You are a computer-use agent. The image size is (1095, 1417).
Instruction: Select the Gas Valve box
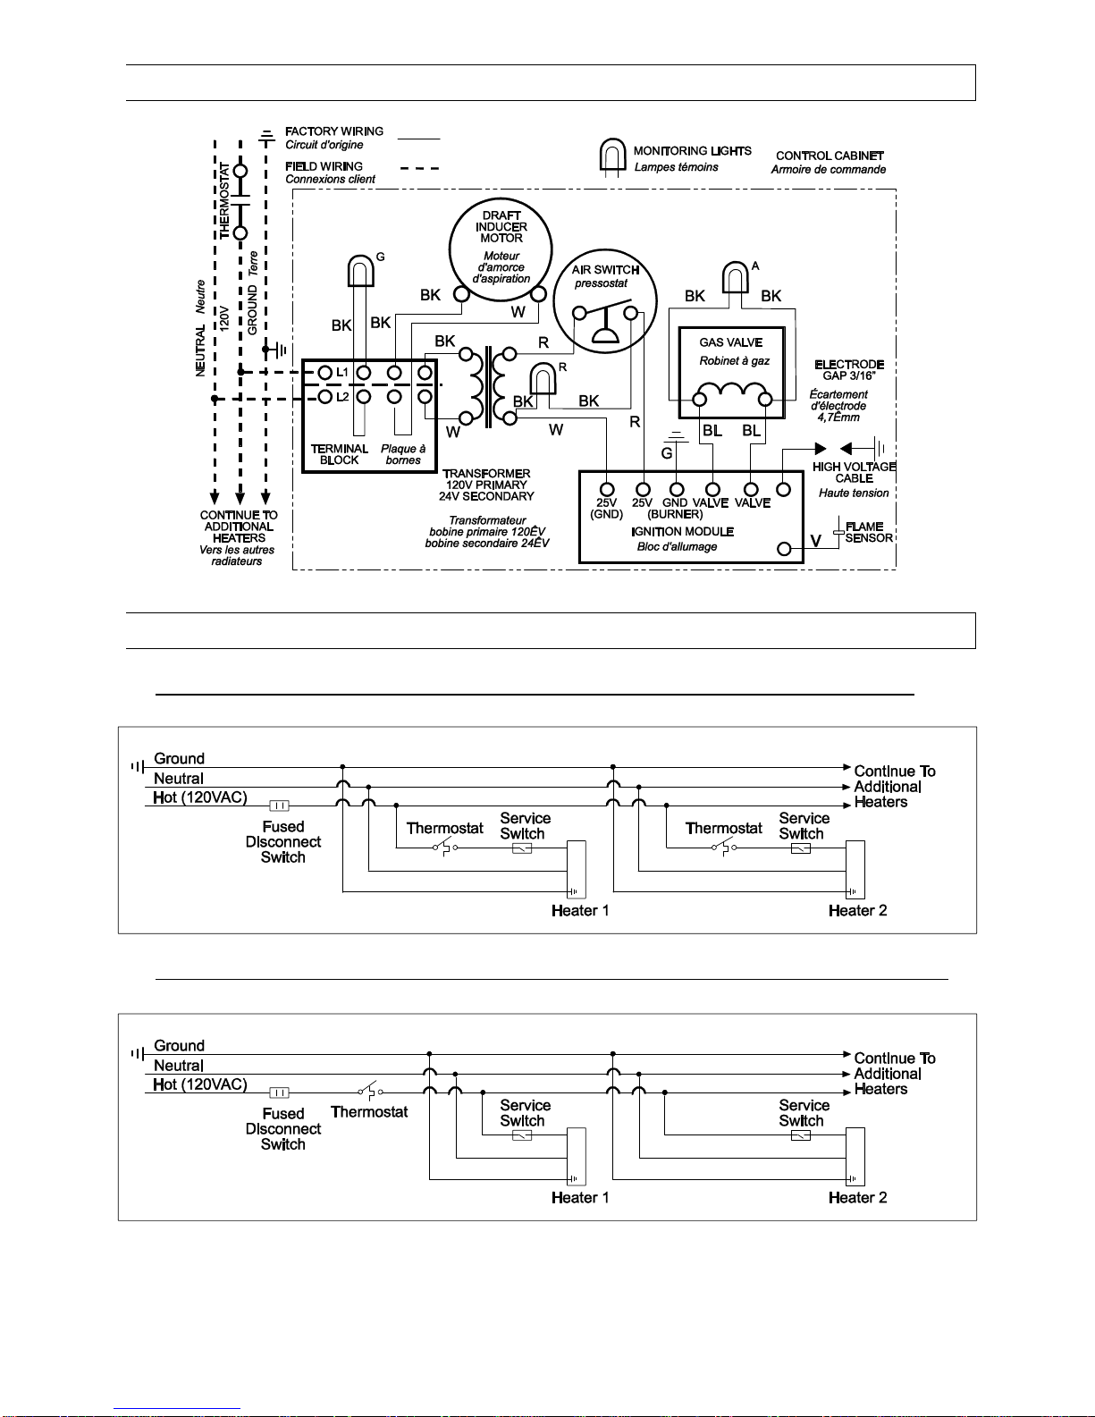tap(731, 373)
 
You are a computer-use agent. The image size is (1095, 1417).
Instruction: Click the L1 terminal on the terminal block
tap(325, 372)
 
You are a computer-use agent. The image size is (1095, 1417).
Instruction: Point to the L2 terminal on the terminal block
tap(325, 397)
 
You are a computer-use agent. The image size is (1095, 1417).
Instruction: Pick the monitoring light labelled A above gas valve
tap(735, 277)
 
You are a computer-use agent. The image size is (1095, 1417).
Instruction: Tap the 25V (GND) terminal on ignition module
tap(607, 489)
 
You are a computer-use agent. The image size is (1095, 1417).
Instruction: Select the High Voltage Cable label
tap(854, 472)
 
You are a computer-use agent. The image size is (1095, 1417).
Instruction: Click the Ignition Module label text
tap(682, 532)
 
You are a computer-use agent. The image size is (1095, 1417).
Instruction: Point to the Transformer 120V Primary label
tap(486, 485)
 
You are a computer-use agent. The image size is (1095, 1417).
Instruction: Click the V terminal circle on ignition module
tap(785, 549)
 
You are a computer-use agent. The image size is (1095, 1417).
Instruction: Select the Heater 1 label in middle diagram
tap(580, 911)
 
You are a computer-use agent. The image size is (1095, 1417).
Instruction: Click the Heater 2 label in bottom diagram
tap(857, 1198)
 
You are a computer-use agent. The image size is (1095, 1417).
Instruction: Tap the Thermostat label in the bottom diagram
tap(369, 1112)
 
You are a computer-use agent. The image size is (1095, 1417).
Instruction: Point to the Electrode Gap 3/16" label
tap(848, 370)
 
